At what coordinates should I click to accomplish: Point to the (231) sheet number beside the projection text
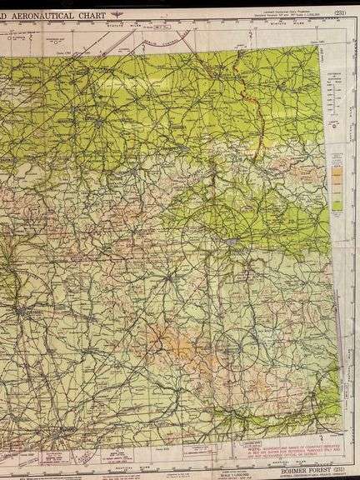pos(339,12)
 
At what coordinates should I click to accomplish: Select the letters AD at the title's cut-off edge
pos(6,14)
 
